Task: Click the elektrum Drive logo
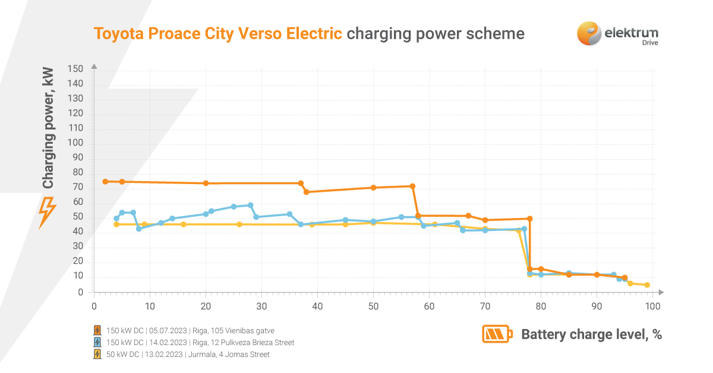tap(617, 33)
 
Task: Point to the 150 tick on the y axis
tap(76, 69)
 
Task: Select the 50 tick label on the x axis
tap(373, 306)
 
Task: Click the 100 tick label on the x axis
tap(652, 306)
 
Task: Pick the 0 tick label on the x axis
tap(94, 306)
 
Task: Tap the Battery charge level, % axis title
tap(591, 334)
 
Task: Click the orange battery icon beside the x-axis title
tap(497, 334)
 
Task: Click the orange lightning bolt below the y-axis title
tap(47, 212)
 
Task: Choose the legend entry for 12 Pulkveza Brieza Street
tap(200, 343)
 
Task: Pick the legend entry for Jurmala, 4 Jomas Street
tap(188, 355)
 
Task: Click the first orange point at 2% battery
tap(105, 181)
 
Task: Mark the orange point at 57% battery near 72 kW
tap(412, 186)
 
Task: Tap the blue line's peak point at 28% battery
tap(250, 206)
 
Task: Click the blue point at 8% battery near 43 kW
tap(138, 229)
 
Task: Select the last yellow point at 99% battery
tap(647, 285)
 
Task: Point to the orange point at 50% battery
tap(373, 188)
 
